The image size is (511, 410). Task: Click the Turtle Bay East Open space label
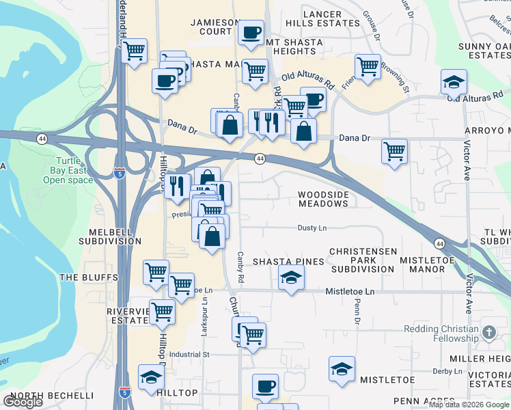(x=68, y=170)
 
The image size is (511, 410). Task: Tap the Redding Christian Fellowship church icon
(x=488, y=333)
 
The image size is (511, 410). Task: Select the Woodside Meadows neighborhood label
(x=324, y=200)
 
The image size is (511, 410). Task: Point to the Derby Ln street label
(x=447, y=371)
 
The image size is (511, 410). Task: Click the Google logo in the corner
(x=23, y=402)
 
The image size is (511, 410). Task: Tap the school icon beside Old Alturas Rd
(x=454, y=83)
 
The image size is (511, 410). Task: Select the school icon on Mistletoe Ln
(x=291, y=277)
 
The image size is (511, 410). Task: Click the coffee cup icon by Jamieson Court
(x=251, y=31)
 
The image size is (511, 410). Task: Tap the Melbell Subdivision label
(x=109, y=236)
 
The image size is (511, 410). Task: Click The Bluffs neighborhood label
(x=89, y=277)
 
